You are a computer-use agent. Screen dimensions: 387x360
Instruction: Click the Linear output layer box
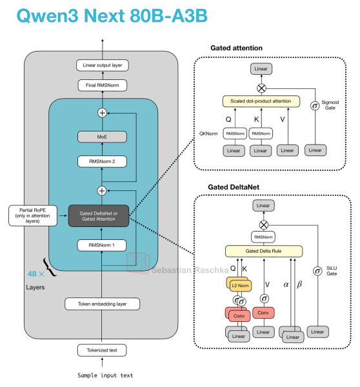[x=102, y=65]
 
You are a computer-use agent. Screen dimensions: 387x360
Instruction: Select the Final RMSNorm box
[x=102, y=84]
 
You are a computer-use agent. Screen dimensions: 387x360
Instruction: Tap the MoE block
[x=102, y=137]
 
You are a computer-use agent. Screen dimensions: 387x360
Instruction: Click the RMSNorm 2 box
[x=102, y=161]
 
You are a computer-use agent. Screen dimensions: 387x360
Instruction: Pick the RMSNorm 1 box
[x=102, y=245]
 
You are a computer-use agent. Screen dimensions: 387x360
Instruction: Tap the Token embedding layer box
[x=102, y=304]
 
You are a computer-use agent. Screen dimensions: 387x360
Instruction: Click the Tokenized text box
[x=102, y=351]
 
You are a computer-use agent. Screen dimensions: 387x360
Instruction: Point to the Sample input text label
[x=102, y=375]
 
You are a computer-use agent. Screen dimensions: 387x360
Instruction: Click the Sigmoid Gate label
[x=331, y=105]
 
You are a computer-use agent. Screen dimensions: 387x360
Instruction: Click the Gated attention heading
[x=237, y=48]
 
